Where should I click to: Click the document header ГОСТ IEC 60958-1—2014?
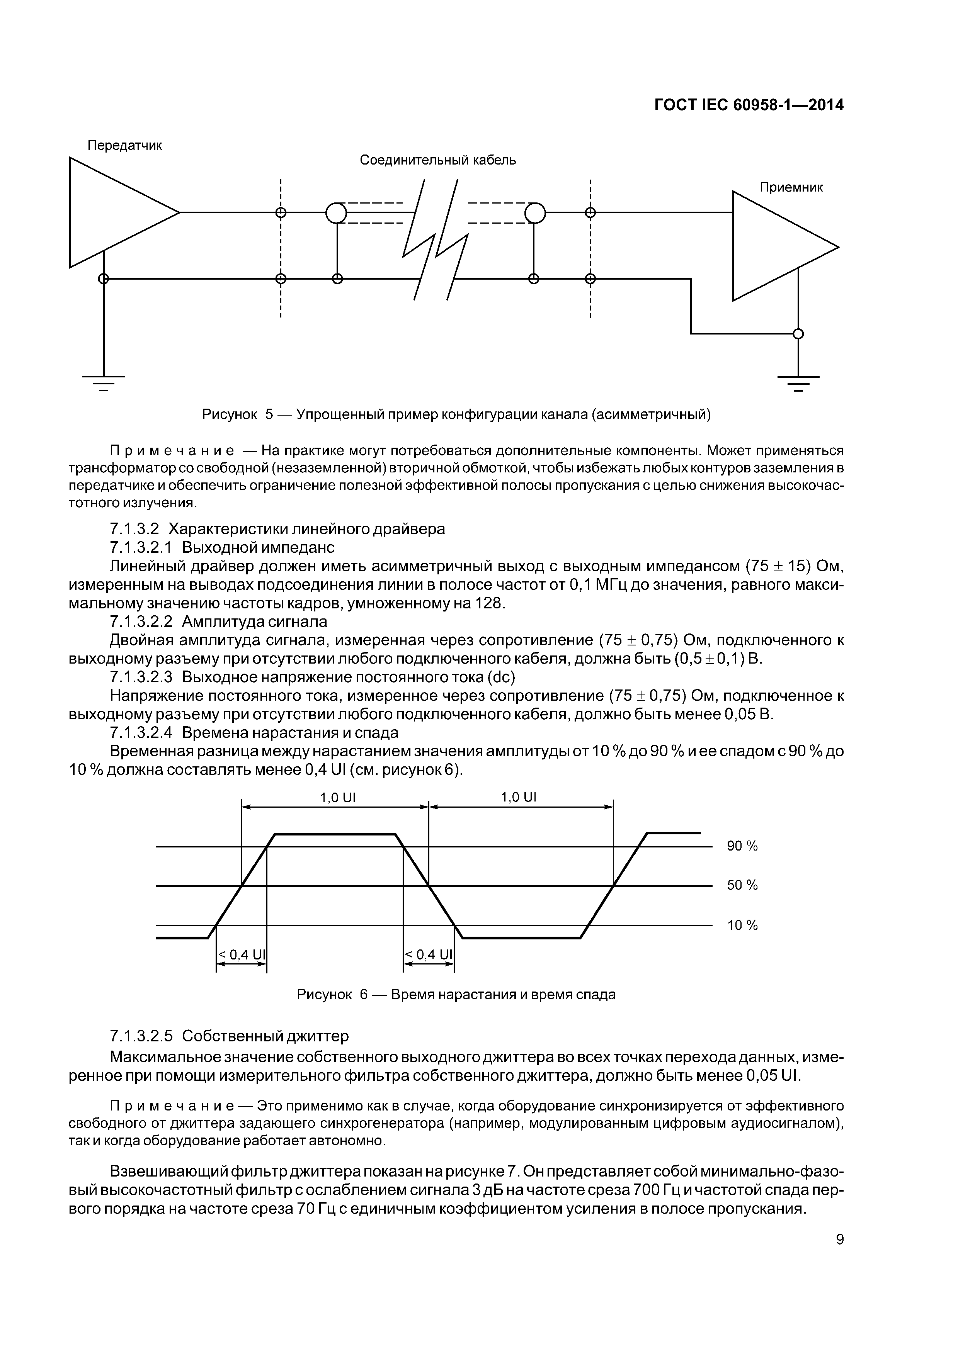[749, 105]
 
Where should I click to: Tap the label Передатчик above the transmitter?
[124, 145]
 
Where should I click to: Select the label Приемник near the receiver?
[791, 188]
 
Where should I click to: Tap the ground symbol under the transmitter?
[103, 382]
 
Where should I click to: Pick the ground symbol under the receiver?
[798, 382]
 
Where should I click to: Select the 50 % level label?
[742, 885]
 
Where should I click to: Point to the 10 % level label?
[742, 925]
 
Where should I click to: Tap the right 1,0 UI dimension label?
[519, 797]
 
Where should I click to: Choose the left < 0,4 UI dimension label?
[242, 955]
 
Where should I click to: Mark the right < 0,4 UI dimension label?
[429, 955]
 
